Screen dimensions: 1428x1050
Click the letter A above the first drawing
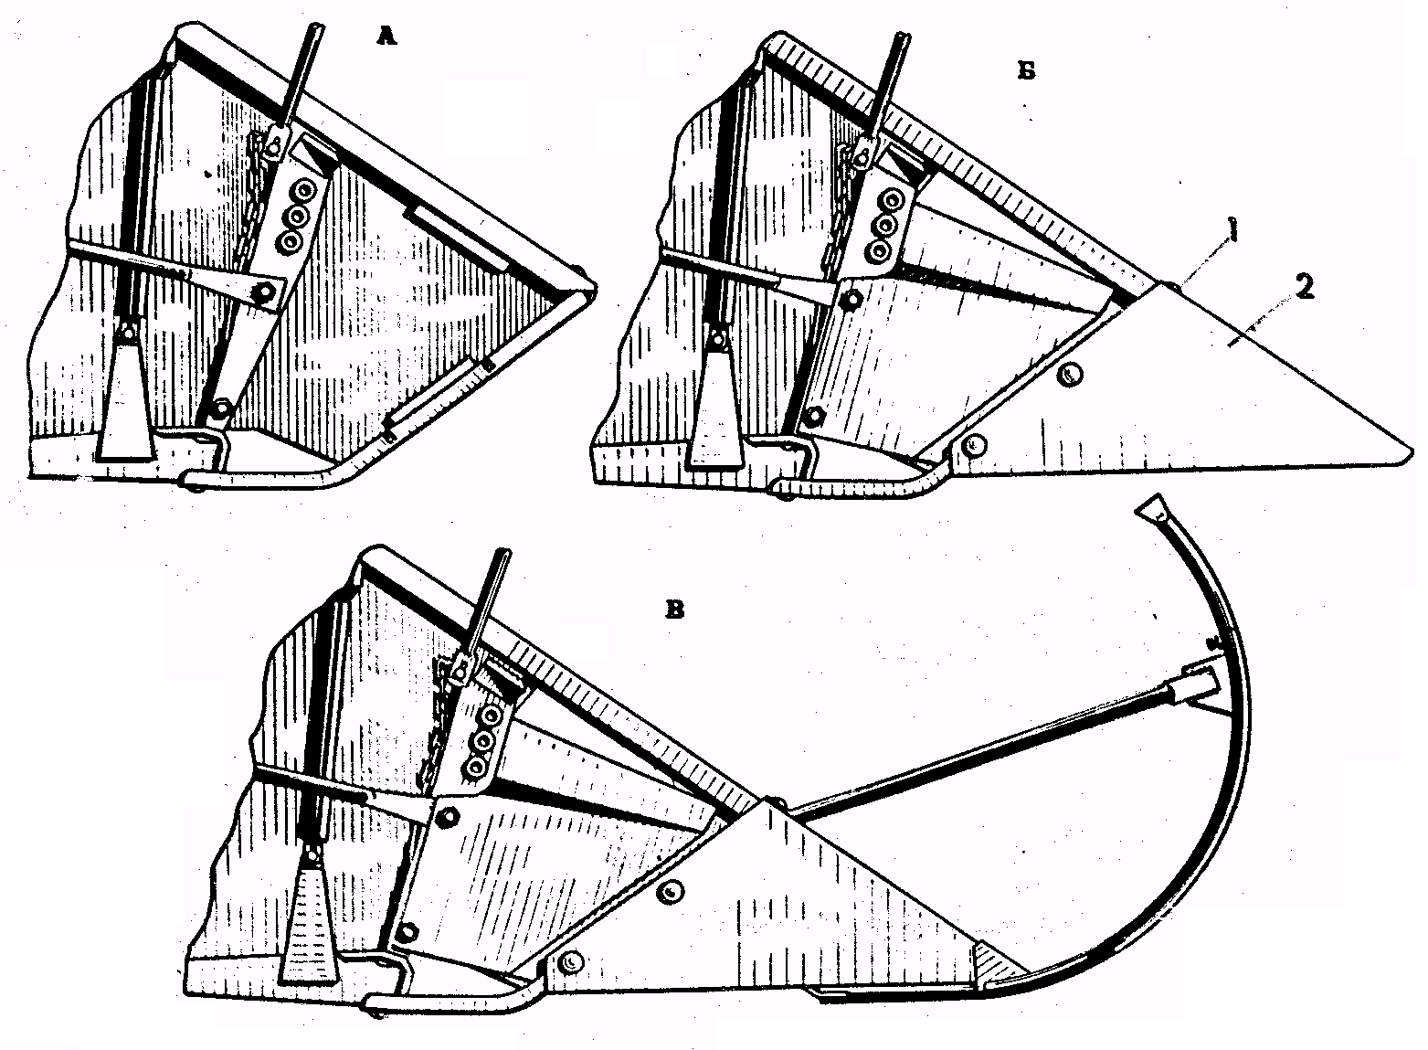[386, 37]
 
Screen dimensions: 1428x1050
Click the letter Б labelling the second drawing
[1026, 71]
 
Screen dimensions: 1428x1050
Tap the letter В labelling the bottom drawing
[674, 610]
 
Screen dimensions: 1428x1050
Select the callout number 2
[1304, 288]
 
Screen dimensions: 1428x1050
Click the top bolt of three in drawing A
[304, 192]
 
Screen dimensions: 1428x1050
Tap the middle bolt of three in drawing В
[483, 741]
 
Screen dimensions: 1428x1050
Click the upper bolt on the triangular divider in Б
[1068, 376]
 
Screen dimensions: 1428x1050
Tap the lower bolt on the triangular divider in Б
[972, 445]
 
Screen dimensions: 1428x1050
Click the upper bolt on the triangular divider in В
[671, 893]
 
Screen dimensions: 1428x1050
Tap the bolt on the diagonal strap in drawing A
[259, 293]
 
